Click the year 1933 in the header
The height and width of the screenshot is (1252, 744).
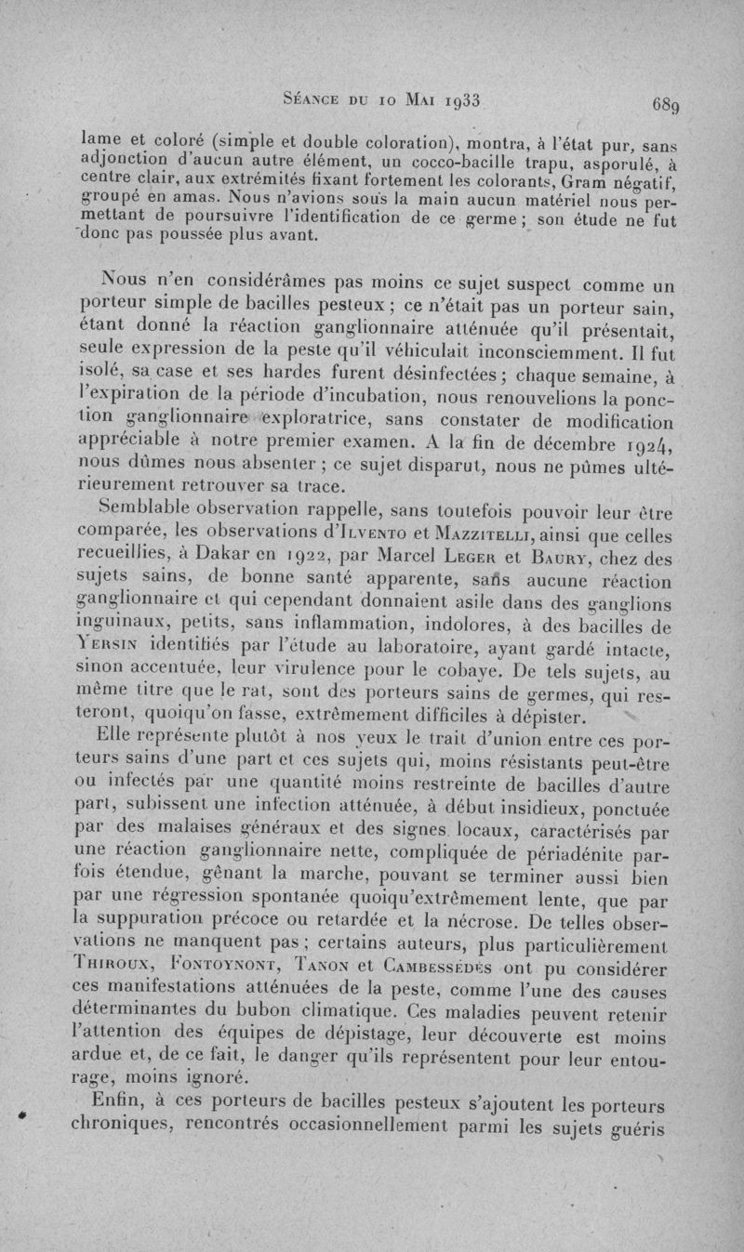tap(458, 98)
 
